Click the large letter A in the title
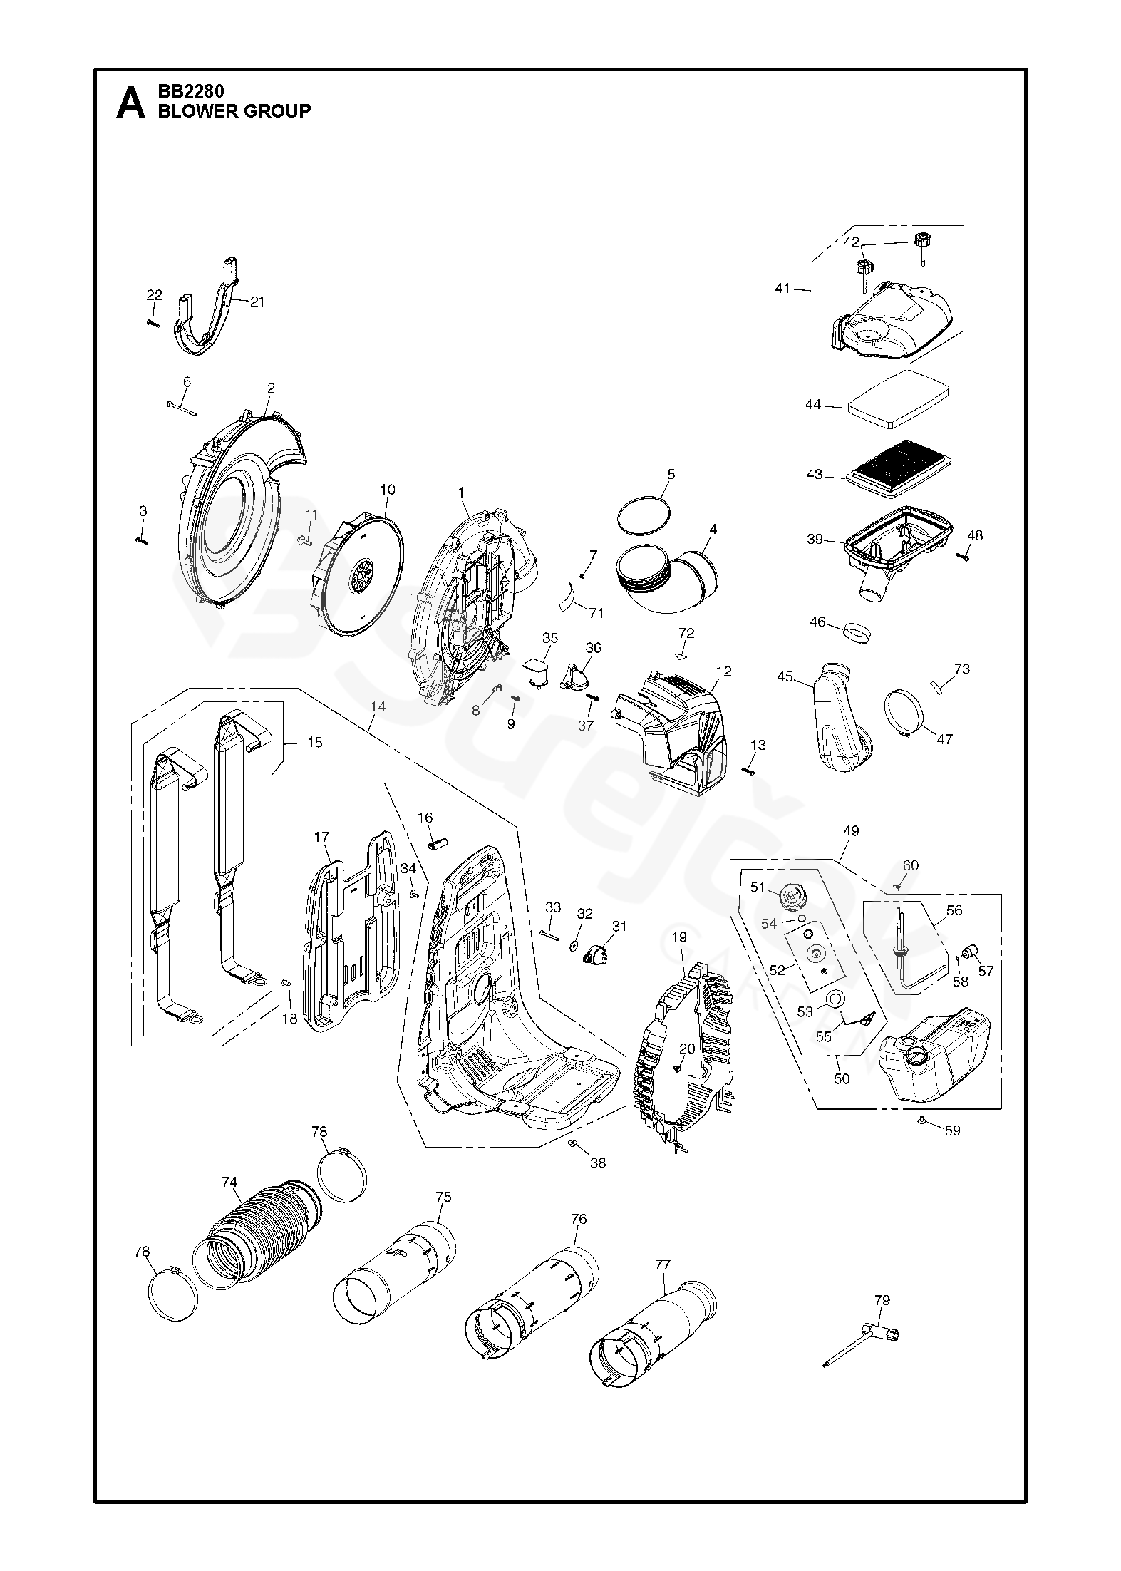coord(130,102)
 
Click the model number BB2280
coord(191,92)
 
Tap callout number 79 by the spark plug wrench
coord(882,1300)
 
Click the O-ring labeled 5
coord(644,513)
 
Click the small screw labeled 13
coord(748,769)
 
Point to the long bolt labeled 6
coord(182,408)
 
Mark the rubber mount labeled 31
coord(595,954)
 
